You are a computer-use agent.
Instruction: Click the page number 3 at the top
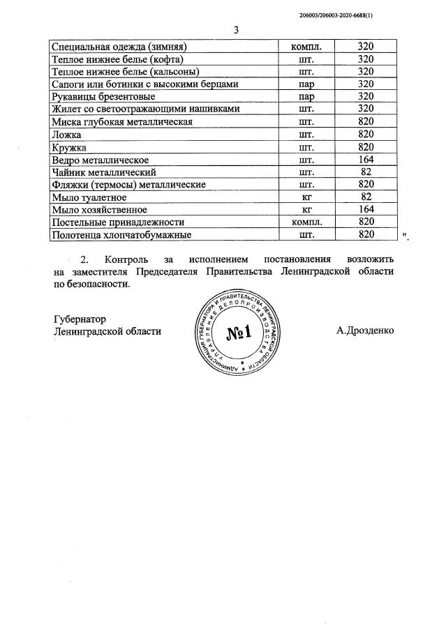pos(236,30)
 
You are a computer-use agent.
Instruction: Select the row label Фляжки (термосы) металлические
pos(128,185)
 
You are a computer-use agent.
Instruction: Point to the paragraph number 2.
pos(86,259)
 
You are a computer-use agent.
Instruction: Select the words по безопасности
pos(91,284)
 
